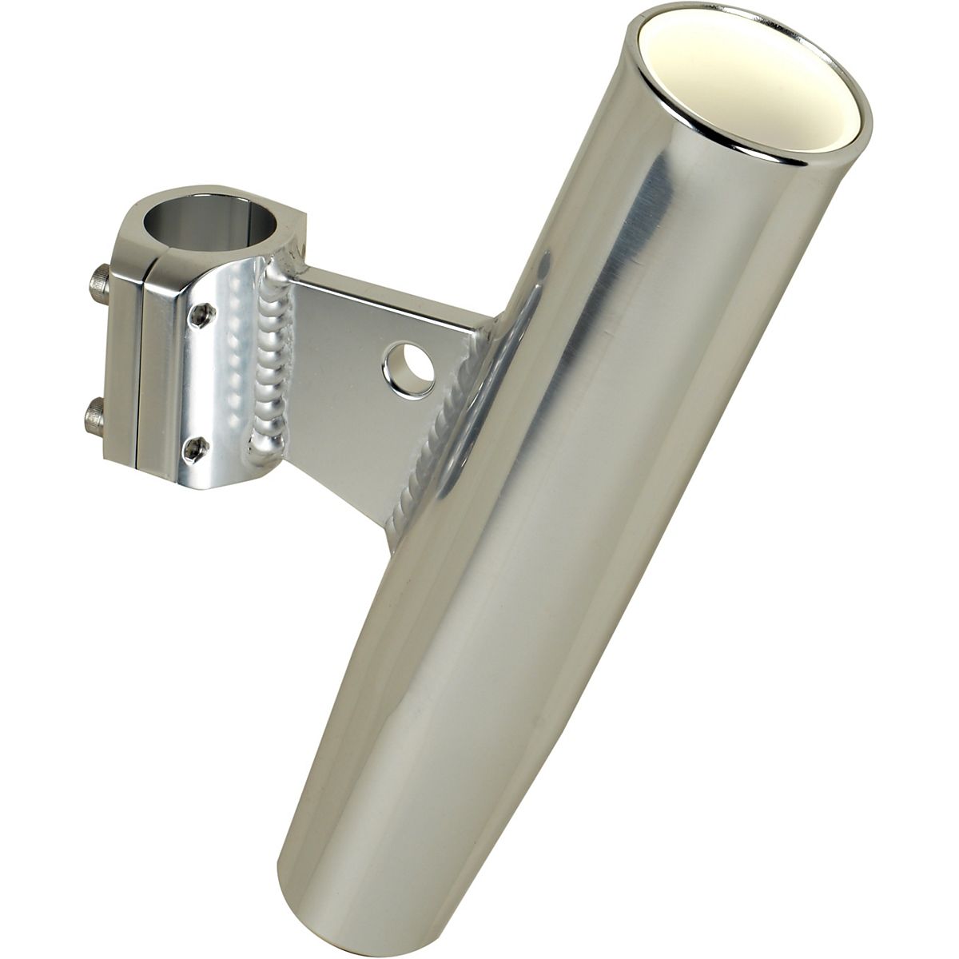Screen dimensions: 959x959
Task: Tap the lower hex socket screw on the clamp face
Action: pyautogui.click(x=193, y=450)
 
